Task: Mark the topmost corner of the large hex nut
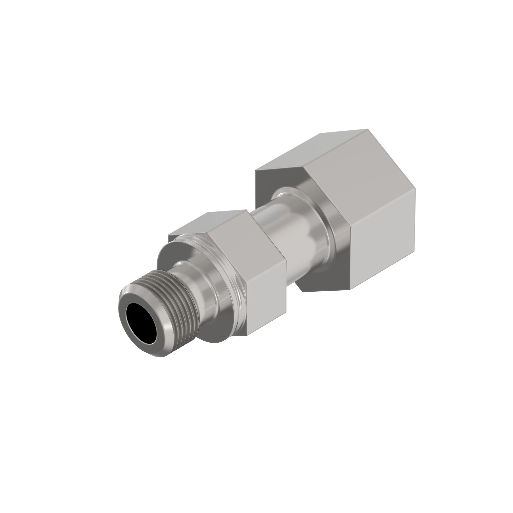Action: pyautogui.click(x=368, y=129)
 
